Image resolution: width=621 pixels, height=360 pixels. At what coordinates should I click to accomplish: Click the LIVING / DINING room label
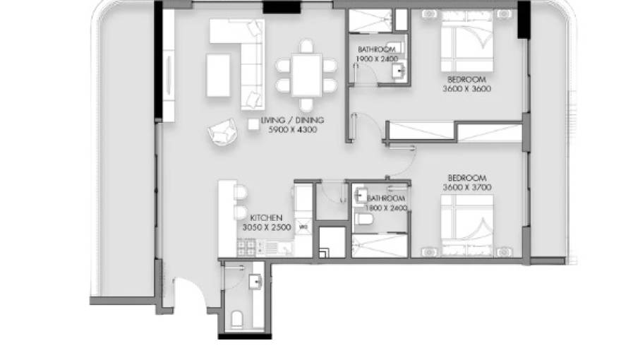pyautogui.click(x=288, y=121)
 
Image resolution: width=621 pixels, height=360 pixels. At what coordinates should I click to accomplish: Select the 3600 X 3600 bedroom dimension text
pyautogui.click(x=466, y=89)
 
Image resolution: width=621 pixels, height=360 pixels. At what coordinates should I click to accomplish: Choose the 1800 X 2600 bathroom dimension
pyautogui.click(x=386, y=209)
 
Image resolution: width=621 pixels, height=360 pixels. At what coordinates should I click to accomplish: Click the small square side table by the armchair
pyautogui.click(x=253, y=124)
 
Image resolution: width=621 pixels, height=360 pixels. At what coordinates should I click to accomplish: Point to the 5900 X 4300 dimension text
pyautogui.click(x=288, y=130)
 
